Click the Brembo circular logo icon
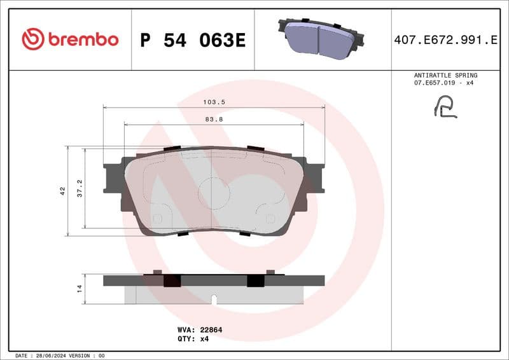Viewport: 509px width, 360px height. click(x=33, y=39)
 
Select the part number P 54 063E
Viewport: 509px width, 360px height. click(x=192, y=40)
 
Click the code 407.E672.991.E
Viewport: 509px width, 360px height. click(x=445, y=40)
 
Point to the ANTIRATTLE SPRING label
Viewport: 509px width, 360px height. click(x=445, y=75)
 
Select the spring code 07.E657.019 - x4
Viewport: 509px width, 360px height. click(x=445, y=83)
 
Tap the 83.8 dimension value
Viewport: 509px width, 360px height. click(x=214, y=119)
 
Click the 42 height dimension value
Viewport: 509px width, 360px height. click(x=62, y=191)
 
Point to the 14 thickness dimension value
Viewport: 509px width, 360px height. click(x=80, y=289)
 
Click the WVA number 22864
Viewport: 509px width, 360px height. click(x=211, y=330)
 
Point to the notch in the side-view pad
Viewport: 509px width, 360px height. click(x=214, y=298)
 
